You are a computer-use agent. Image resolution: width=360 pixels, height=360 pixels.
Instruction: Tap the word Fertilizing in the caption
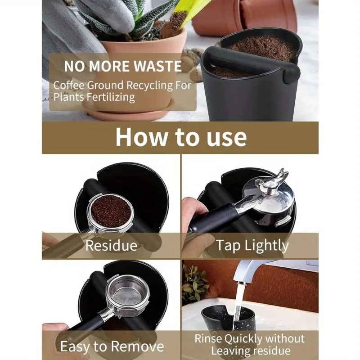[x=108, y=97]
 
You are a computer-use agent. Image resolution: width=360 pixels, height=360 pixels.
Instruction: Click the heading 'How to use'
[x=180, y=137]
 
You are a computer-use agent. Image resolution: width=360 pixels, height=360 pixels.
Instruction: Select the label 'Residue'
[x=111, y=246]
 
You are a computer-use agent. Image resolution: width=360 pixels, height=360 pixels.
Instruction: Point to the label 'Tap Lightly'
[x=252, y=246]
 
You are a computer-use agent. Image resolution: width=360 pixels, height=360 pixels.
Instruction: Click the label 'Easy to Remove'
[x=112, y=346]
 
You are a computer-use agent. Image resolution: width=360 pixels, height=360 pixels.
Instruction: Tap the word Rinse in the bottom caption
[x=211, y=338]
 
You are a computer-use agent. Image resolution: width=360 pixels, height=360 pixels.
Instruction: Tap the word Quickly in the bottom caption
[x=245, y=338]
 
